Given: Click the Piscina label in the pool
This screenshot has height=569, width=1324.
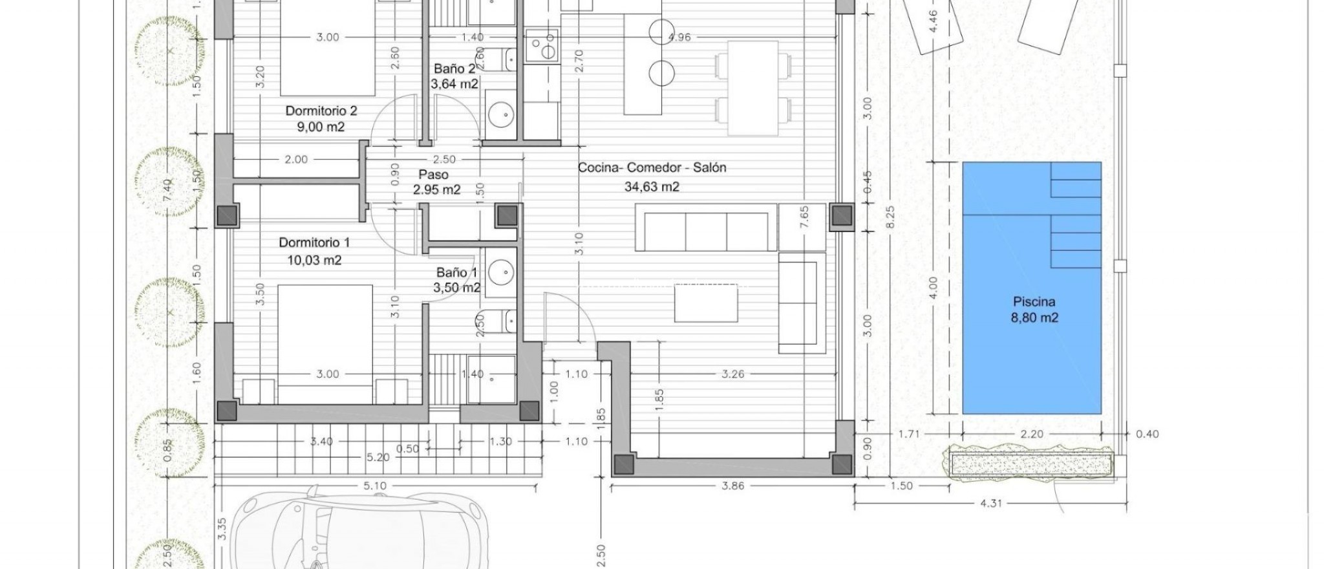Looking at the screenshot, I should (x=1034, y=302).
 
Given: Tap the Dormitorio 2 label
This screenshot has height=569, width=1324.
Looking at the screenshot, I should (x=321, y=111).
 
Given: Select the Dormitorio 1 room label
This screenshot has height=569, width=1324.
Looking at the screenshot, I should (x=314, y=242).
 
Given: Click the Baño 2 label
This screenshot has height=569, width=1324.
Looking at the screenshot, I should (x=454, y=69).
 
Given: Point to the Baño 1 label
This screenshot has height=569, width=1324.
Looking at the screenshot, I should (x=456, y=272).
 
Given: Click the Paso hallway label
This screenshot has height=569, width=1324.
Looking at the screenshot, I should (x=433, y=175).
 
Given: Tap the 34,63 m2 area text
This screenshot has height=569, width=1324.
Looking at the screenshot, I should (x=652, y=187).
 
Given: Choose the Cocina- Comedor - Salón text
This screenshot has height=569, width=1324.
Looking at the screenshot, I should (x=652, y=167).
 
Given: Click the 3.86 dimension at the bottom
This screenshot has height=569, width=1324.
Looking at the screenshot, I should (x=732, y=486).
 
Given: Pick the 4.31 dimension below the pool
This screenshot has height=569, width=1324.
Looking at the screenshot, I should (x=990, y=502).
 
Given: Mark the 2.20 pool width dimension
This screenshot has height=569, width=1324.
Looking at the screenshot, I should (x=1031, y=434).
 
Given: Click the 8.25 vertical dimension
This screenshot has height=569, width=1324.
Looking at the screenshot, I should (x=890, y=217).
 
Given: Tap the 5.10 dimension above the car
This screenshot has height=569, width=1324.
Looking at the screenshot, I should (x=375, y=486).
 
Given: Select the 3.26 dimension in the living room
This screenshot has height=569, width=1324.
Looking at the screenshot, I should (x=732, y=374).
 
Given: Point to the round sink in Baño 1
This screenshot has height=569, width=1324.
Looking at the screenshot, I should (x=500, y=272).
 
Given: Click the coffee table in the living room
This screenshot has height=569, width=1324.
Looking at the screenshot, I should (x=706, y=303).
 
